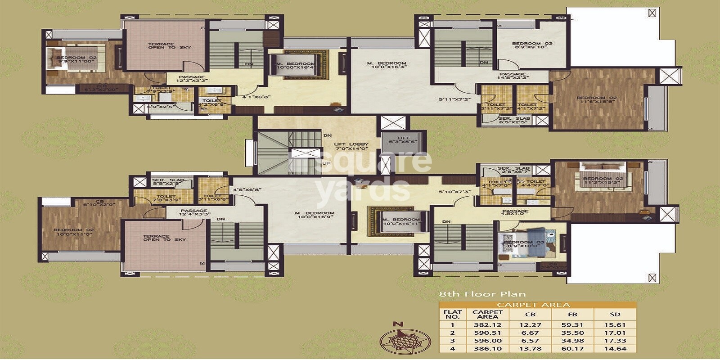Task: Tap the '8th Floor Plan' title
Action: click(x=482, y=294)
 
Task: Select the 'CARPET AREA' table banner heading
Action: click(x=533, y=305)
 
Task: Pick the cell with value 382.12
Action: click(x=487, y=325)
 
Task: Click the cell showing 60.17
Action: click(x=572, y=349)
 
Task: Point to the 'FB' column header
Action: click(x=572, y=315)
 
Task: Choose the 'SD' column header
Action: click(x=615, y=315)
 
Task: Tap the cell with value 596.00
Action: click(x=487, y=341)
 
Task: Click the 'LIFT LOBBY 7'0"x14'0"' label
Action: click(x=351, y=146)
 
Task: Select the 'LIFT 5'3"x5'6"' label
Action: click(x=403, y=140)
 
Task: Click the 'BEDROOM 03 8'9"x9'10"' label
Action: click(x=532, y=45)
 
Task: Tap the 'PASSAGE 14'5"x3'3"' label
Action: click(x=513, y=76)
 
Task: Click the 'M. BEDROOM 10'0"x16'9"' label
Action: click(x=315, y=215)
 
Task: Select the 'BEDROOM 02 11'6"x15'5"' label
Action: click(x=597, y=99)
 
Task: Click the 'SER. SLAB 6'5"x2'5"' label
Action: click(x=514, y=120)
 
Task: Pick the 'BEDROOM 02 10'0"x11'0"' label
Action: click(x=74, y=232)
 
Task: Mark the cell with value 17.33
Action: click(x=615, y=341)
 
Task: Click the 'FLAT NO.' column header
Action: click(x=452, y=314)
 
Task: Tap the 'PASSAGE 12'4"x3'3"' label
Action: click(x=194, y=212)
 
